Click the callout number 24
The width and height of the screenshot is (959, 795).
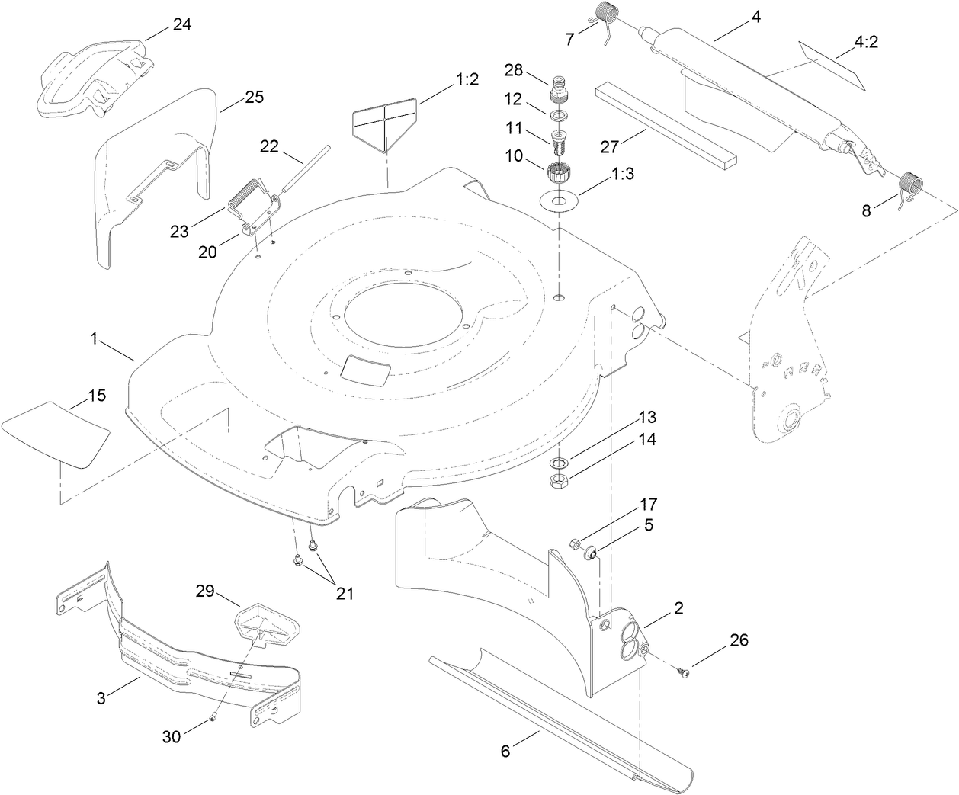(181, 24)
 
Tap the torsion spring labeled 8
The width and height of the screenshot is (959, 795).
(910, 187)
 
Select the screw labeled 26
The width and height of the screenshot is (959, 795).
(683, 670)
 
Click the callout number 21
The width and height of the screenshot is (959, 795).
(345, 593)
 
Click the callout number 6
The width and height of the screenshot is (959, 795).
(505, 751)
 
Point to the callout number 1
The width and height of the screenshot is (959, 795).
(95, 339)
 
